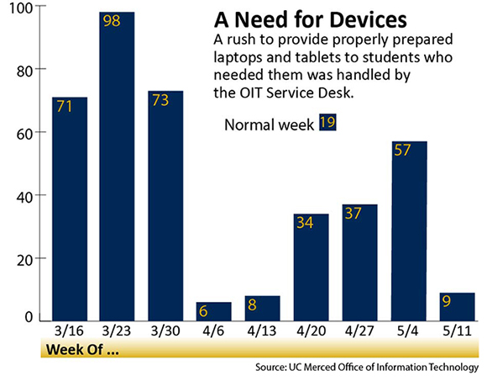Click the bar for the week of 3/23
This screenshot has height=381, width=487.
[x=117, y=167]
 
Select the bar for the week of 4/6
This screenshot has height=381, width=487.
[x=213, y=311]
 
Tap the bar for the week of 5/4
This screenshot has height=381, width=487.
[x=409, y=231]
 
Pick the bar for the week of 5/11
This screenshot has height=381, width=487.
[x=457, y=307]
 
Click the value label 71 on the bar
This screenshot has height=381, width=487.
[x=65, y=106]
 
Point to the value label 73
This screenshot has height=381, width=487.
[x=160, y=100]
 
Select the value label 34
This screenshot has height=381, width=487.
[x=305, y=223]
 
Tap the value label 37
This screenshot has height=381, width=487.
[x=353, y=214]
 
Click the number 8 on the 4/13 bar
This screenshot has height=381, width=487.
[x=252, y=304]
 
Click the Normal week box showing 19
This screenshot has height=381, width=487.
[x=327, y=122]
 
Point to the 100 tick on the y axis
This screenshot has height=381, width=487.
[x=21, y=8]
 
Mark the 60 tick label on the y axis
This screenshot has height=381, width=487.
[x=24, y=135]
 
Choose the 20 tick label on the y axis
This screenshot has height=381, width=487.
[x=24, y=261]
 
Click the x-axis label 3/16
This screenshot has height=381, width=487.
[x=69, y=331]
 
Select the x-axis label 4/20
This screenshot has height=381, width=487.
[x=311, y=331]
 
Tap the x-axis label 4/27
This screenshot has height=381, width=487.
[x=359, y=331]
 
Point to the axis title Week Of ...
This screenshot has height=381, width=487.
[x=82, y=350]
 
